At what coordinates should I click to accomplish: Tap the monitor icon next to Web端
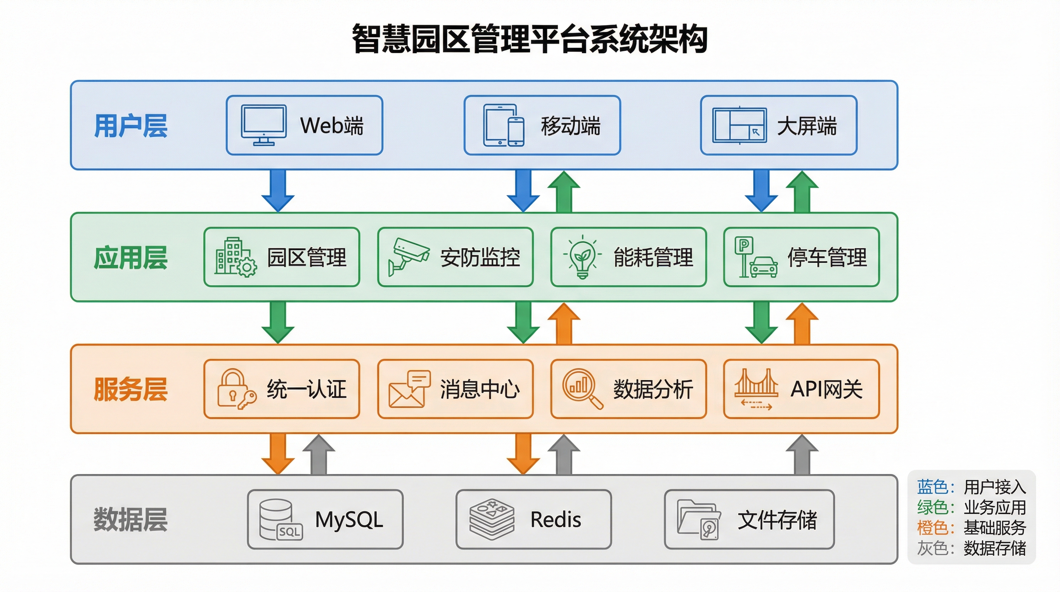tap(263, 125)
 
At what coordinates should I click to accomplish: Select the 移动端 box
tap(542, 125)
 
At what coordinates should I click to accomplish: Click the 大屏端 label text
tap(807, 126)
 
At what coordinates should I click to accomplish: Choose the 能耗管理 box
tap(628, 257)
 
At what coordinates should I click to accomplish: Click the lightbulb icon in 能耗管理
tap(582, 257)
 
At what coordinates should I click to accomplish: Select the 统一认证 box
tap(282, 389)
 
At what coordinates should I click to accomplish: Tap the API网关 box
tap(801, 389)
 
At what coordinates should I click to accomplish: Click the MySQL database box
tap(325, 519)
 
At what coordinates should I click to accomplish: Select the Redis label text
tap(555, 520)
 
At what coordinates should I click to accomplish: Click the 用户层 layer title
tap(131, 126)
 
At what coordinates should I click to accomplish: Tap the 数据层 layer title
tap(131, 520)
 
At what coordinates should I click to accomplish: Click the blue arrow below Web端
tap(278, 191)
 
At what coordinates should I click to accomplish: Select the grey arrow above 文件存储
tap(802, 454)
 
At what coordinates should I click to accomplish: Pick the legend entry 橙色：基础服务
tap(971, 527)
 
